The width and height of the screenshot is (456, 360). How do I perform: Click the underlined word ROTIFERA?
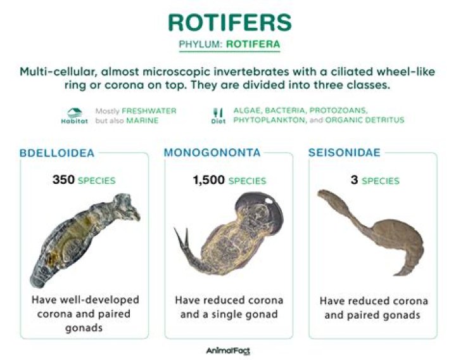(254, 45)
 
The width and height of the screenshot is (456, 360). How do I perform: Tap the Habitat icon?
(75, 113)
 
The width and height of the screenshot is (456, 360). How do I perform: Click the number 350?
(63, 180)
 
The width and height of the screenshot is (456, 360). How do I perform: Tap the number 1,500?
(208, 180)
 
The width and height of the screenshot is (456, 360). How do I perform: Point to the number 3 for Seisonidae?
(354, 180)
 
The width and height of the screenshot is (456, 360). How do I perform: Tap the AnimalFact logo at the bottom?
(228, 350)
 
